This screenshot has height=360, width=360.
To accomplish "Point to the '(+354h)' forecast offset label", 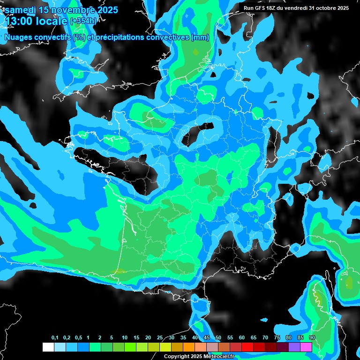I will point(83,21).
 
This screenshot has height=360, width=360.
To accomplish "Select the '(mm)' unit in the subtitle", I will point(200,37).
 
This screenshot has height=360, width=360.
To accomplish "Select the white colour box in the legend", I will point(48,347).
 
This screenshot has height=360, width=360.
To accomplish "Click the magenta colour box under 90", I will point(306,347).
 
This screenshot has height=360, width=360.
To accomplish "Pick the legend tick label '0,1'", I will point(55,338).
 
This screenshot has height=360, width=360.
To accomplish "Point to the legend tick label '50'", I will point(218,338).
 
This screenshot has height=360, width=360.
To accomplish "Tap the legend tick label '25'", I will point(160,338).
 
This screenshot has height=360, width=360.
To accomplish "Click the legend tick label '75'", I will point(277,338).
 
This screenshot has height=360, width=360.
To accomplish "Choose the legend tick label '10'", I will point(125,338).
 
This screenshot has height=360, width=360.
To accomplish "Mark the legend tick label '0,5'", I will point(78,338).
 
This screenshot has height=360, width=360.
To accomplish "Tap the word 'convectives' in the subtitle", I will point(167,37).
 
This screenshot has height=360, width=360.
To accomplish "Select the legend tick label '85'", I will point(300,338).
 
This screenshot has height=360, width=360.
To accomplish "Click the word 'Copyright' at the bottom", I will point(177,357).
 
